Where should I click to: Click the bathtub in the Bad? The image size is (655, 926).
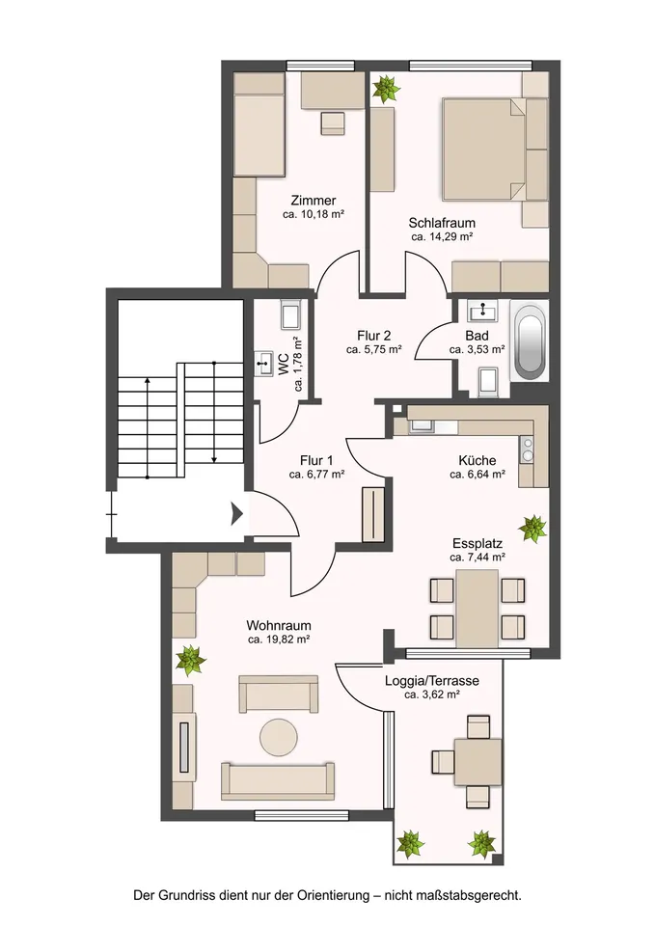530,341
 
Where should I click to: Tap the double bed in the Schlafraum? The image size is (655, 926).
483,149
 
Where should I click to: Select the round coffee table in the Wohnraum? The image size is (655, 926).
278,736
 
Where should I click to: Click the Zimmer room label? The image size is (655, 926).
313,201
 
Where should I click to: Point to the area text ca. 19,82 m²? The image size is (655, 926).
279,639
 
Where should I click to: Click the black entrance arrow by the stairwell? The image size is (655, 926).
237,513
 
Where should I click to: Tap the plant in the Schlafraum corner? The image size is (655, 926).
386,88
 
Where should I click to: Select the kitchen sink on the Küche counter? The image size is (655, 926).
422,425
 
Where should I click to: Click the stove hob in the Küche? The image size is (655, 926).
527,448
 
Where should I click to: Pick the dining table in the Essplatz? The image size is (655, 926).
478,608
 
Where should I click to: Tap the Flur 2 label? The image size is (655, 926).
374,336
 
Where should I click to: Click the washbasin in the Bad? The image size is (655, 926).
483,309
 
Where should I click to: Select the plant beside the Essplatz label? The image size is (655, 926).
532,528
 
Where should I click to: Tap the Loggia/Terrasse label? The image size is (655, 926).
432,681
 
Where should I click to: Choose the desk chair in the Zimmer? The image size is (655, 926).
333,123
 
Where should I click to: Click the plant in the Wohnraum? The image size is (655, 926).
191,660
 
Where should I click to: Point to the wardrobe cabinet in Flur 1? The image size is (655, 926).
374,514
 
